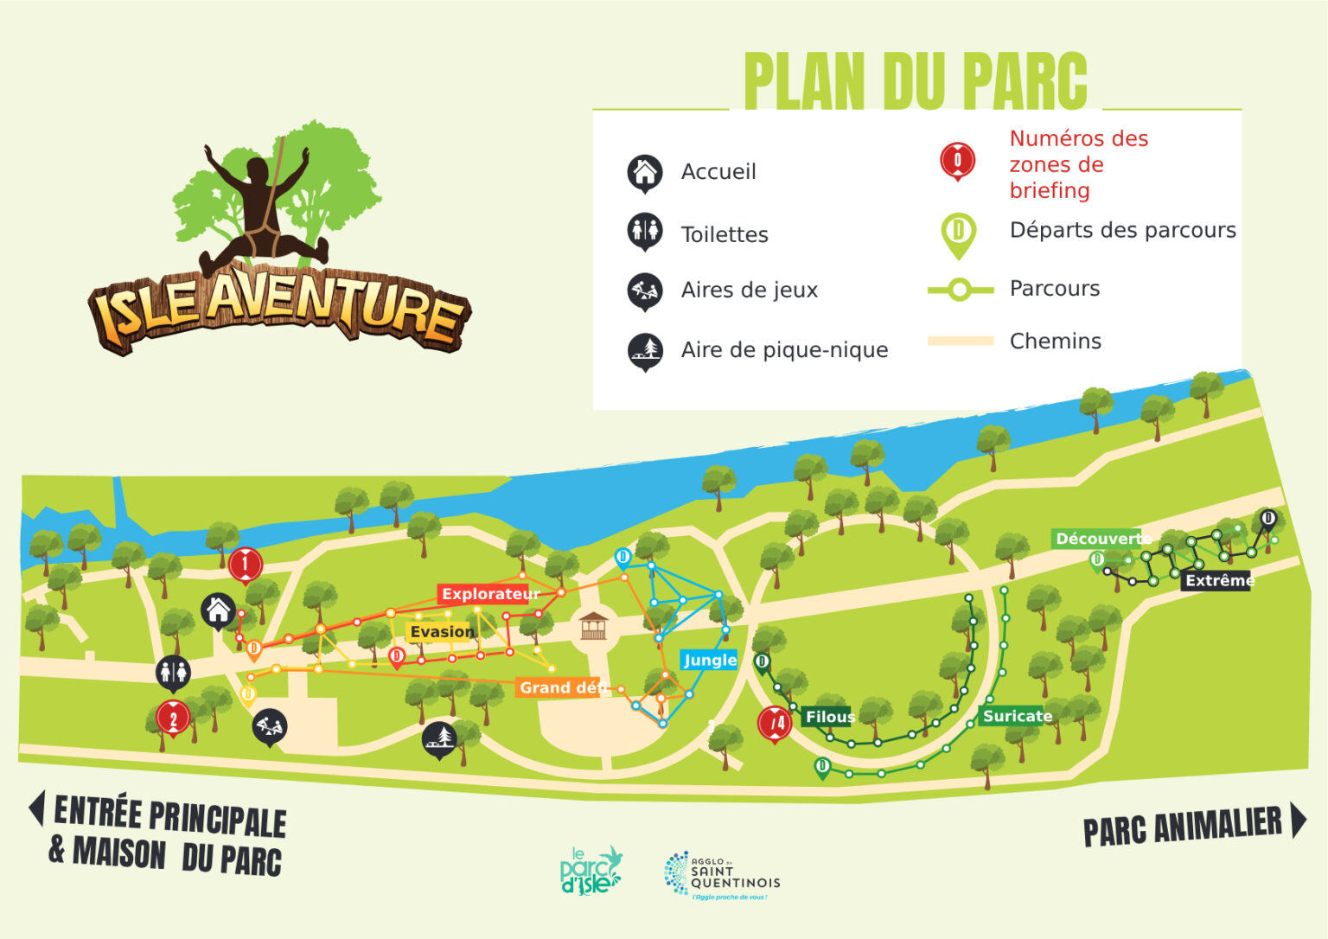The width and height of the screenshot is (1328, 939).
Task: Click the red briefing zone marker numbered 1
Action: click(245, 565)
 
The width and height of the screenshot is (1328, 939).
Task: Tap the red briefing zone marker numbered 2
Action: click(173, 719)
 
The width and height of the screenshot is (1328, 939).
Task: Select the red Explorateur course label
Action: click(489, 594)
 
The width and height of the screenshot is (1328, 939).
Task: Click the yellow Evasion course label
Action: click(441, 632)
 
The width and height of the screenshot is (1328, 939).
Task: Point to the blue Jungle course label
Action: click(710, 661)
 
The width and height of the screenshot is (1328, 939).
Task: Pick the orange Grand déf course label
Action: click(560, 687)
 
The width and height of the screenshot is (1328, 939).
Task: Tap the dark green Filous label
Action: click(829, 717)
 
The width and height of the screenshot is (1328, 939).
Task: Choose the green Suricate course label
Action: click(1017, 716)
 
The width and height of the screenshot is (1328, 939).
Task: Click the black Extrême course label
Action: click(1219, 580)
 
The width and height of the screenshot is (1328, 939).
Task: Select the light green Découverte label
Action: click(1098, 539)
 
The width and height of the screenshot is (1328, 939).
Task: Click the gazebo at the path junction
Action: click(594, 624)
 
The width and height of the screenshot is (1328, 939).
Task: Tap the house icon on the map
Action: click(218, 610)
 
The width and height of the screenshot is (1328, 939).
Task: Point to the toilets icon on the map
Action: click(173, 672)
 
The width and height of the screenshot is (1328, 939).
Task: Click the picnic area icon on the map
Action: click(439, 738)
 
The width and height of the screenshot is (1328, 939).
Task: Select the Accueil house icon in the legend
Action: click(645, 172)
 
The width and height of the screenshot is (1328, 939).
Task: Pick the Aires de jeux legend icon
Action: click(645, 291)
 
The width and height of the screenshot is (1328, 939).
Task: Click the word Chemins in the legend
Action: click(1055, 342)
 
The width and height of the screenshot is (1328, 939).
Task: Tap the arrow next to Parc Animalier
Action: click(1299, 820)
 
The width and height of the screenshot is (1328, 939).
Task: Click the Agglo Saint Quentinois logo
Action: click(722, 875)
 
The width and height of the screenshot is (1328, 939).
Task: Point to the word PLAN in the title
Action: click(805, 82)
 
